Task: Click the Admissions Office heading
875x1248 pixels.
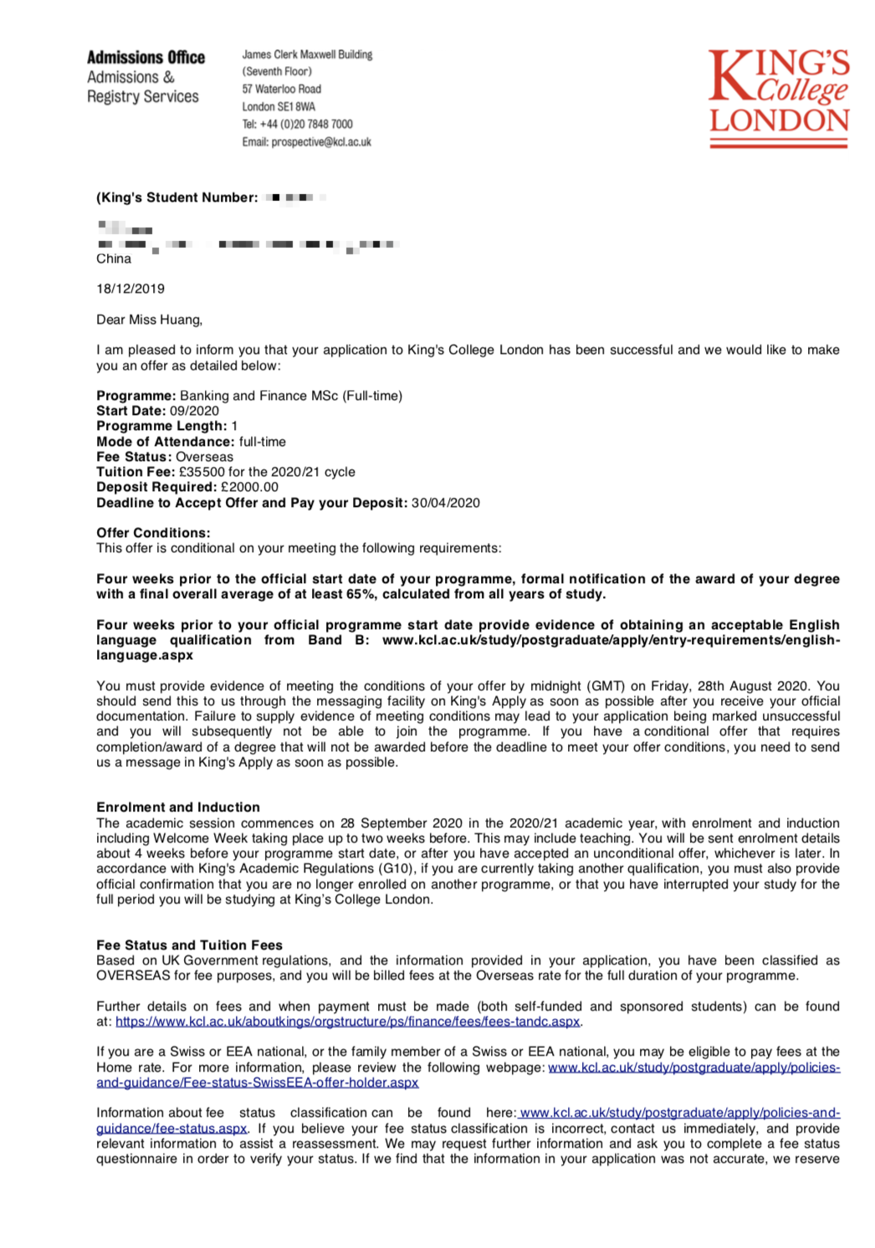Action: tap(146, 58)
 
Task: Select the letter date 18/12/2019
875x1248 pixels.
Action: tap(130, 289)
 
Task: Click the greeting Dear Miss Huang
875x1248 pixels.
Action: tap(149, 320)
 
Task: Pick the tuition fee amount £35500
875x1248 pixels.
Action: tap(202, 472)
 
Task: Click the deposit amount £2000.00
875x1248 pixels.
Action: tap(249, 487)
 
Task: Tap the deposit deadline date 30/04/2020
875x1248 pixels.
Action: tap(445, 503)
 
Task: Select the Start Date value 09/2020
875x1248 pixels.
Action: tap(194, 411)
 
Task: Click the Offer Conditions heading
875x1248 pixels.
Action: tap(153, 533)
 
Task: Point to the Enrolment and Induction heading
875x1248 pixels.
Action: tap(178, 807)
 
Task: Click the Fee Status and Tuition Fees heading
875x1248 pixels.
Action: tap(189, 945)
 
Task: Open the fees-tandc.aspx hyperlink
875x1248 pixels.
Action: tap(347, 1021)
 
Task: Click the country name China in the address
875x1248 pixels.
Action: tap(114, 258)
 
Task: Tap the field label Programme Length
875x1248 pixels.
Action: tap(161, 426)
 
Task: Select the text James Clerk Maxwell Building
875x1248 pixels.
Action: tap(307, 54)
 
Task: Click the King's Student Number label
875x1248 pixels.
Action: tap(177, 197)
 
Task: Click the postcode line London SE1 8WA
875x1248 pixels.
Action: tap(279, 107)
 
